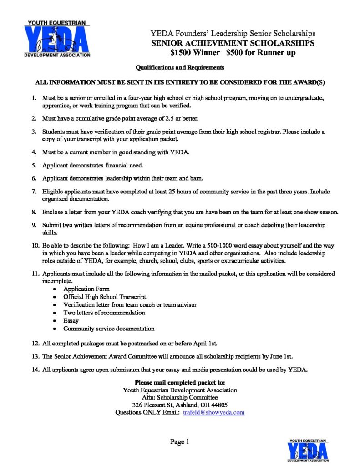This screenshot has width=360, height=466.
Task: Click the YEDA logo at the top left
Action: tap(57, 39)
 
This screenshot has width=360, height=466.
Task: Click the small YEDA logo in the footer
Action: tap(307, 450)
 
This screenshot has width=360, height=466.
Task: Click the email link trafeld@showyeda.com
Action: tap(214, 412)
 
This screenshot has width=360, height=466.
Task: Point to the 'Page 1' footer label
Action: tap(179, 441)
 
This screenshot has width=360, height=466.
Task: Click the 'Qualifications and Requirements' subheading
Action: tap(180, 68)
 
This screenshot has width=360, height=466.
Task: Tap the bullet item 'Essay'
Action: tap(71, 320)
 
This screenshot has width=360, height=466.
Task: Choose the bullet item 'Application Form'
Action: tap(86, 289)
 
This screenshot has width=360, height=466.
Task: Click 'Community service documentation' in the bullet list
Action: tap(109, 328)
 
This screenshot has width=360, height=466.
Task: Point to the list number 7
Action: tap(34, 192)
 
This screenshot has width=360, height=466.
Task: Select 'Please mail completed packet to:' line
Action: tap(180, 382)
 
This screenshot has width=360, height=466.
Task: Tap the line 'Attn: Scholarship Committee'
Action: tap(180, 397)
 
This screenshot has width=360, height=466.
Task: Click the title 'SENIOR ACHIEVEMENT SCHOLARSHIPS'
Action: tap(233, 43)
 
